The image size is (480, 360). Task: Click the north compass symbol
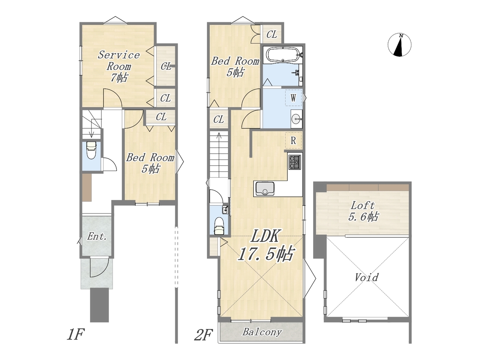pyautogui.click(x=399, y=45)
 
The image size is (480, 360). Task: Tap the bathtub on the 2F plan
pyautogui.click(x=283, y=55)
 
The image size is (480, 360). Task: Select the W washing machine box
pyautogui.click(x=293, y=98)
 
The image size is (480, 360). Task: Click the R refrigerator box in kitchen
pyautogui.click(x=293, y=140)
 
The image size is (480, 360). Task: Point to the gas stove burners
pyautogui.click(x=295, y=162)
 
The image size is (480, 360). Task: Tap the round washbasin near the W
pyautogui.click(x=296, y=119)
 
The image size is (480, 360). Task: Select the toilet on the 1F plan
pyautogui.click(x=91, y=150)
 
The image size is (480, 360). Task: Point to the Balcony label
pyautogui.click(x=262, y=332)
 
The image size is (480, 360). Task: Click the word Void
pyautogui.click(x=366, y=277)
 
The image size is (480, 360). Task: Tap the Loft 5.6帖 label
pyautogui.click(x=363, y=211)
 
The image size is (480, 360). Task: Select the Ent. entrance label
pyautogui.click(x=97, y=236)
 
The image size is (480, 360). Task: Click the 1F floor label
pyautogui.click(x=76, y=334)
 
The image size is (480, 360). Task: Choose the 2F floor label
pyautogui.click(x=204, y=335)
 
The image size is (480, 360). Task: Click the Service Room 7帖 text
pyautogui.click(x=119, y=66)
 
